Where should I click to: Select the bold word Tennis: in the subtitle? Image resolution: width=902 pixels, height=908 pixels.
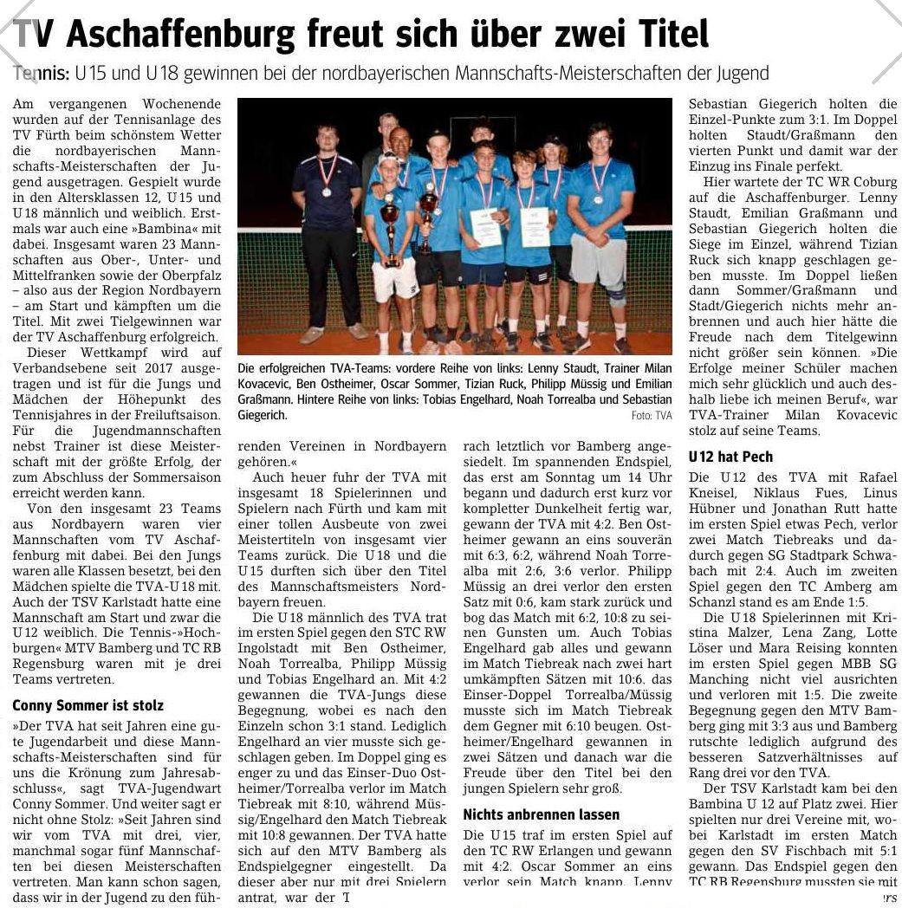pyautogui.click(x=42, y=75)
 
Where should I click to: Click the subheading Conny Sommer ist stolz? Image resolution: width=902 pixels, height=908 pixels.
pyautogui.click(x=88, y=705)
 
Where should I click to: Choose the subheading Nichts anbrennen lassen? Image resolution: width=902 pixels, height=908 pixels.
pyautogui.click(x=541, y=814)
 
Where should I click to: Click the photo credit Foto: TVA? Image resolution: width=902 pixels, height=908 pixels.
pyautogui.click(x=652, y=416)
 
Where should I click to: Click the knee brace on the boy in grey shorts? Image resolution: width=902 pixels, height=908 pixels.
pyautogui.click(x=617, y=294)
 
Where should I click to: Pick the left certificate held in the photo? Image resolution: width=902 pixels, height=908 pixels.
pyautogui.click(x=485, y=227)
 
